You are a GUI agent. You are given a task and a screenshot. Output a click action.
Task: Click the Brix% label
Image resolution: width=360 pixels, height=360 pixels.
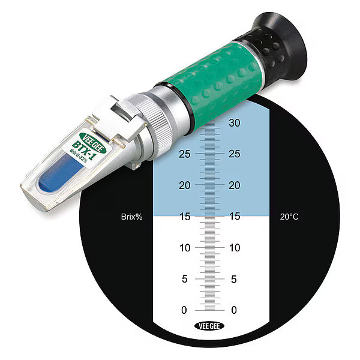point(131,217)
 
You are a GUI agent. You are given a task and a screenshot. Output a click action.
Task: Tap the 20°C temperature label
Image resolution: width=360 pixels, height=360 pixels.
point(289,217)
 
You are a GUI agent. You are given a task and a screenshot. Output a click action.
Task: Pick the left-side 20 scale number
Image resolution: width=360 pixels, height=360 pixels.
point(184,185)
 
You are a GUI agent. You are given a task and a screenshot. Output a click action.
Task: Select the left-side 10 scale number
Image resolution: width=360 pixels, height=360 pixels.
point(184,248)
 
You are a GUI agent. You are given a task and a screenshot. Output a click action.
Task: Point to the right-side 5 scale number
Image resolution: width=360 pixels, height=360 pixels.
point(233,279)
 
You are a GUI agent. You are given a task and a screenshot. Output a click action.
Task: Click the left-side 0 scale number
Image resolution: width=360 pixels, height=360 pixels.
point(184,310)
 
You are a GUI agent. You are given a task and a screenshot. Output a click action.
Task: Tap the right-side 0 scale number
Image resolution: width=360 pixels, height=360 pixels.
point(233,310)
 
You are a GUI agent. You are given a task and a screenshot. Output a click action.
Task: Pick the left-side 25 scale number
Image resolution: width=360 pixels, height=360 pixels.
point(184,154)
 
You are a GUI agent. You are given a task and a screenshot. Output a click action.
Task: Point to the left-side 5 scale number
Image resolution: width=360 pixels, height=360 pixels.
point(184,279)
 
